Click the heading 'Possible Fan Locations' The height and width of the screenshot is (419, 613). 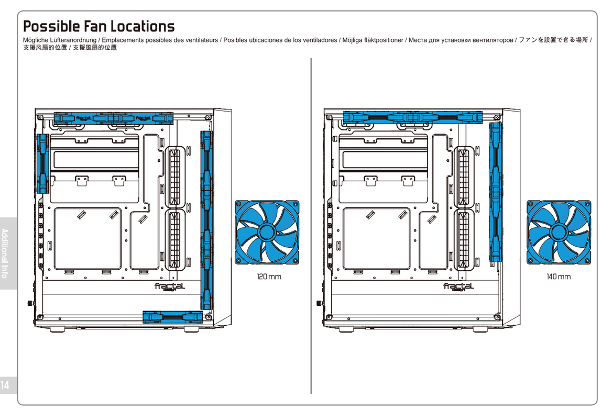click(98, 26)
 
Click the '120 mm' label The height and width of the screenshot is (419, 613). click(268, 277)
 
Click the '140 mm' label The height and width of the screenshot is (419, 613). click(559, 277)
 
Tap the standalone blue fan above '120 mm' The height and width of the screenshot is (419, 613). click(267, 233)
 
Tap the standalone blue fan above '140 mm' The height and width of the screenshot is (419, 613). click(559, 233)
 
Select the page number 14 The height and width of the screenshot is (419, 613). click(5, 386)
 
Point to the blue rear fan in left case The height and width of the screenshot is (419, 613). click(42, 163)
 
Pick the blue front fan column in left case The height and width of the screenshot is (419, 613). click(206, 220)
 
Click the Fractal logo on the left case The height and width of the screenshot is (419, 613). click(169, 287)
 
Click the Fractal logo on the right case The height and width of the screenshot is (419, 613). click(458, 287)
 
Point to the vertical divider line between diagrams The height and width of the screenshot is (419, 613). click(311, 225)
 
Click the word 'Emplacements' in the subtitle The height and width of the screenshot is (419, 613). click(123, 40)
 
